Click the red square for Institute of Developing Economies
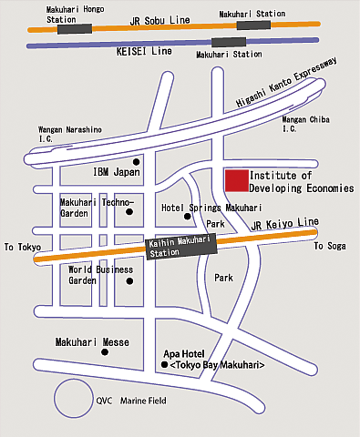[x=237, y=179]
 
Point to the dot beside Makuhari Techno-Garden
[x=129, y=212]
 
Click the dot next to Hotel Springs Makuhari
[x=188, y=217]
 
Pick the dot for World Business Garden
[x=129, y=280]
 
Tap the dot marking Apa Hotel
[x=165, y=365]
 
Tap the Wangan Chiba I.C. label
[x=306, y=124]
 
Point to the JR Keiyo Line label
[x=286, y=223]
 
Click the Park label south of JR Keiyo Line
[x=223, y=277]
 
